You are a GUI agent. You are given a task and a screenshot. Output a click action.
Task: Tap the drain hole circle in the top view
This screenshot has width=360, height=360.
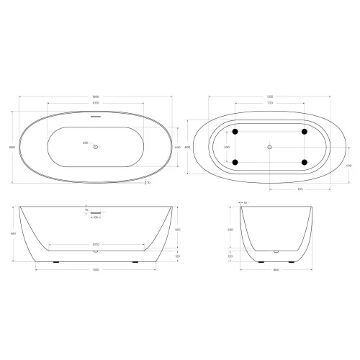click(x=96, y=147)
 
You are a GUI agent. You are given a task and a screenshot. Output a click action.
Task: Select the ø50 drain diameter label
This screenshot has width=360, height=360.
click(x=86, y=146)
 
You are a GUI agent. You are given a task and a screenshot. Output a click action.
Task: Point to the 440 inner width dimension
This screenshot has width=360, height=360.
click(x=177, y=147)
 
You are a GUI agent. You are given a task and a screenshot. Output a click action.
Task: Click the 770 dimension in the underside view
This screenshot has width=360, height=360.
click(x=269, y=103)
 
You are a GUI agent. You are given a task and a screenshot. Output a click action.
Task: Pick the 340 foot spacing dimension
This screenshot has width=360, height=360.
click(x=228, y=147)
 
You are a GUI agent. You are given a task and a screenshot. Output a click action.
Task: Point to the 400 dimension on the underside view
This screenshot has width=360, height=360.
click(x=348, y=165)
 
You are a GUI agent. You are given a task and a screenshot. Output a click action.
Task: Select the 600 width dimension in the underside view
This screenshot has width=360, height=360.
click(x=186, y=147)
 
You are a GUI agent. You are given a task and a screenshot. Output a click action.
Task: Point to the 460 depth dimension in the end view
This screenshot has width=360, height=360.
click(x=230, y=230)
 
